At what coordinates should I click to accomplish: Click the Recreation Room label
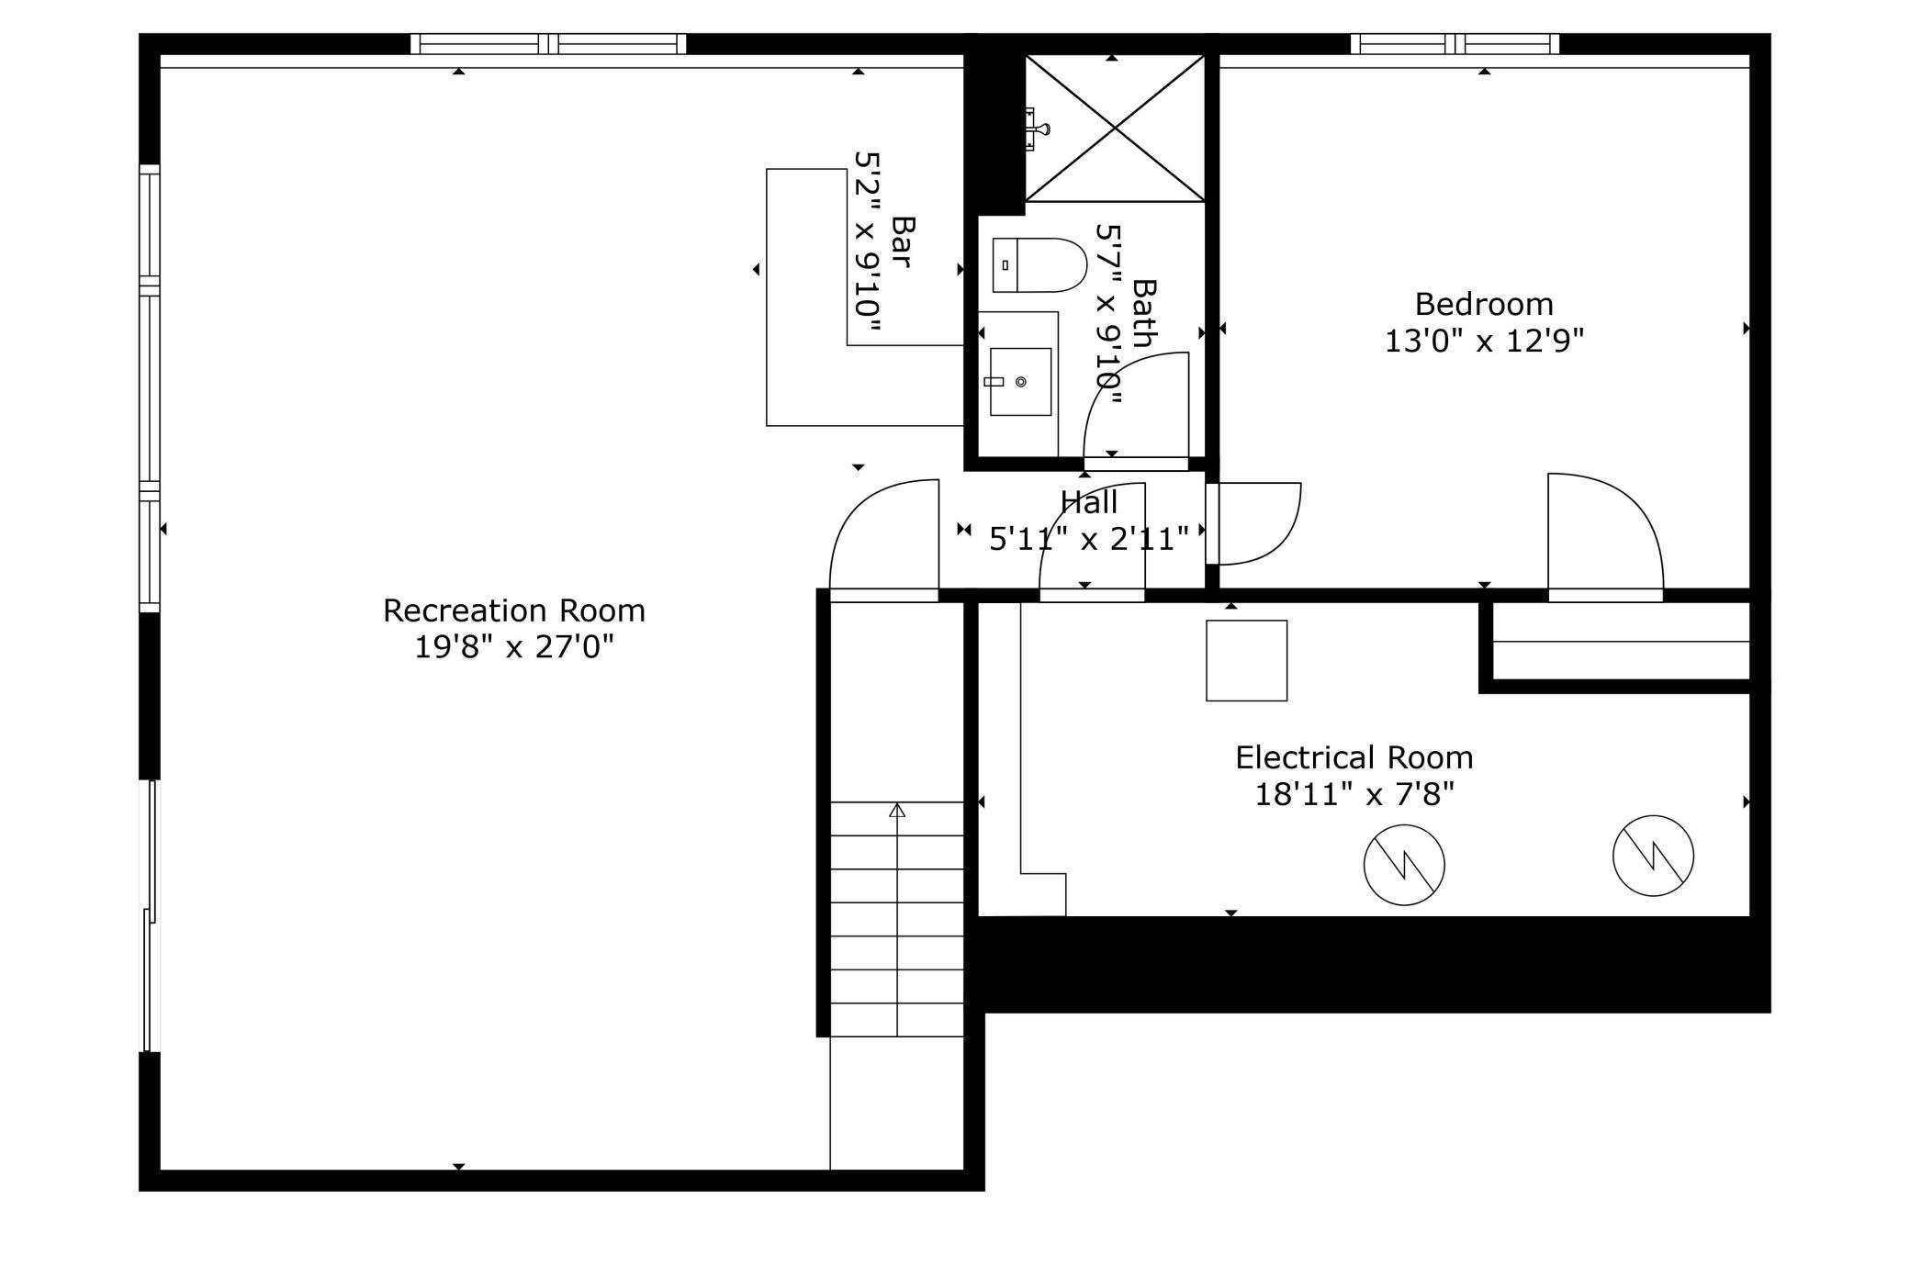click(x=513, y=611)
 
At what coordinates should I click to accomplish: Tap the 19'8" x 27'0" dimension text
click(x=513, y=647)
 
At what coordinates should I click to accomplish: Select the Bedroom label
click(x=1484, y=304)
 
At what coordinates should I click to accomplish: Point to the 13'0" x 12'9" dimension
click(x=1484, y=341)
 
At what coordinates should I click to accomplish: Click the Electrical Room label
click(x=1354, y=757)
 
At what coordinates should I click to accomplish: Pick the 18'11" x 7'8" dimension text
click(x=1354, y=794)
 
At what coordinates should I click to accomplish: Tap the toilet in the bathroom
click(x=1039, y=265)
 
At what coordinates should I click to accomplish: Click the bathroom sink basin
click(x=1019, y=382)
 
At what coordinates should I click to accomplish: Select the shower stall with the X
click(x=1115, y=129)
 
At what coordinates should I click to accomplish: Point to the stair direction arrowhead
click(x=897, y=810)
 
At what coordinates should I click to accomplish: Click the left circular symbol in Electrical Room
click(x=1404, y=865)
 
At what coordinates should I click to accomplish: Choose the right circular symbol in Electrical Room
click(x=1653, y=856)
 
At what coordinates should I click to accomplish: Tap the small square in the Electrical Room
click(x=1246, y=661)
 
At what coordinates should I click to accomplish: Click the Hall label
click(x=1089, y=502)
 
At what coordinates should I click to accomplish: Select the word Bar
click(x=903, y=241)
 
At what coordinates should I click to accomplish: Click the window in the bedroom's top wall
click(x=1455, y=43)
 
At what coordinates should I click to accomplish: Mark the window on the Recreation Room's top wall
click(x=548, y=43)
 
